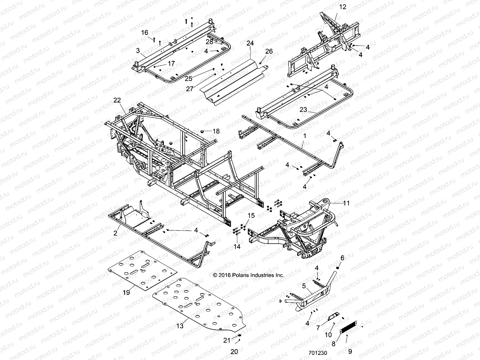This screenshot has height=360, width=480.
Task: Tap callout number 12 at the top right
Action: click(x=343, y=7)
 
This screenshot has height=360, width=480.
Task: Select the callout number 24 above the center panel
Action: click(x=250, y=43)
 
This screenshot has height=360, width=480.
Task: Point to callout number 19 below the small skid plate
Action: click(x=126, y=292)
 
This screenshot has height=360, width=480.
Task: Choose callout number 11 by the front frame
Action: click(x=346, y=203)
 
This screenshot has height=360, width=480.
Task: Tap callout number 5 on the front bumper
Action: click(x=304, y=286)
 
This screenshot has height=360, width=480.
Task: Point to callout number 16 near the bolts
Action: click(x=145, y=32)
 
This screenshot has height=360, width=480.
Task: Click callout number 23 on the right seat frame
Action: click(x=303, y=110)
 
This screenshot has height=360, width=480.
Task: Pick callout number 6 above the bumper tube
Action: click(x=342, y=258)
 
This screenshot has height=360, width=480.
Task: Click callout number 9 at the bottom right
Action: click(x=350, y=351)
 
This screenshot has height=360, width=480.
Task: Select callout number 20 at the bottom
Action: click(x=234, y=351)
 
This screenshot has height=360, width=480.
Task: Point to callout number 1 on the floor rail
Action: click(x=304, y=136)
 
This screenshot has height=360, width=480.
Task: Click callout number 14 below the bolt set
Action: click(x=237, y=247)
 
